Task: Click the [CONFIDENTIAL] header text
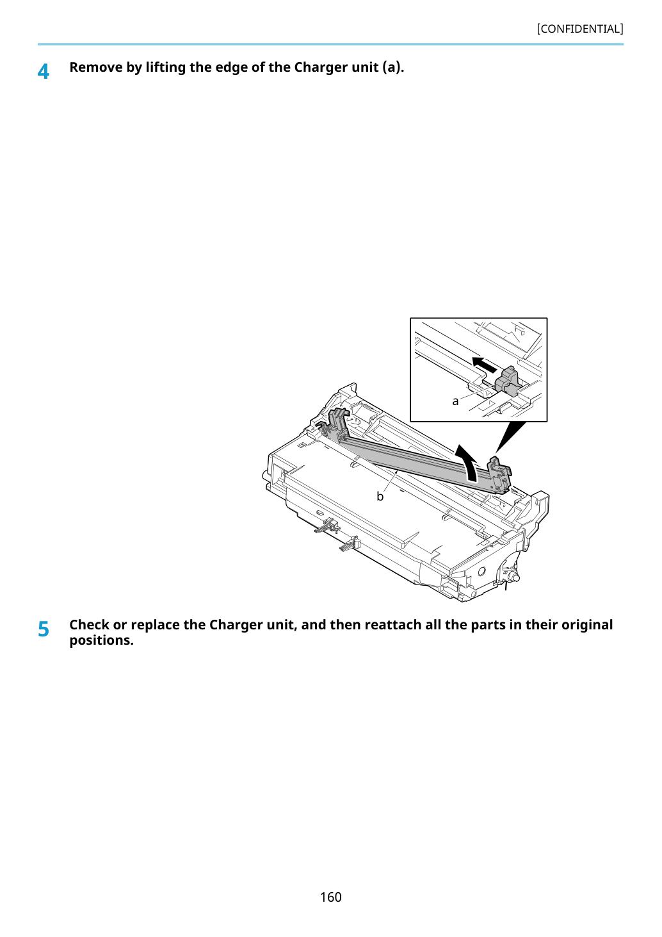click(579, 29)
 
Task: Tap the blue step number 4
click(43, 72)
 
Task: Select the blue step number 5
click(44, 629)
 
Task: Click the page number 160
click(330, 897)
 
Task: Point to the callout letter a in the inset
click(455, 402)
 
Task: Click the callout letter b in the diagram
click(380, 496)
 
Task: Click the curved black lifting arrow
click(467, 461)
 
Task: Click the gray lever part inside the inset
click(506, 380)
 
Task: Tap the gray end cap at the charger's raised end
click(500, 475)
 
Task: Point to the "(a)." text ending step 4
click(393, 68)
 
